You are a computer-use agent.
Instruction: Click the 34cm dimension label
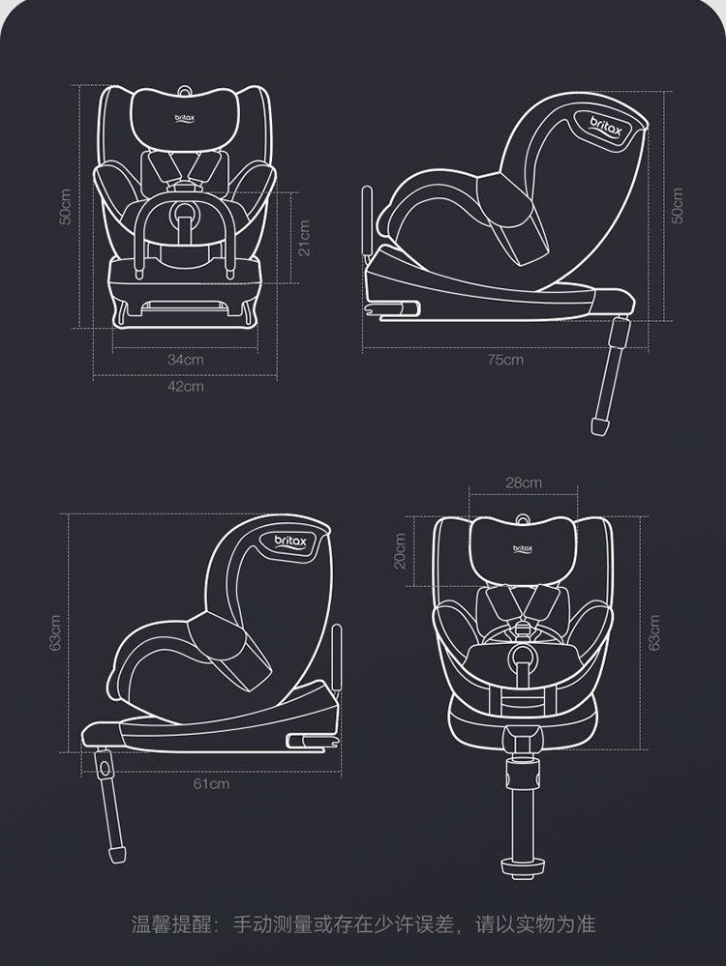coord(186,360)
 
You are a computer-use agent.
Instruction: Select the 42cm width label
coord(186,386)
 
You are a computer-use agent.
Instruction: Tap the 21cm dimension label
coord(304,237)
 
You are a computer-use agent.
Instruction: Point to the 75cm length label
coord(505,360)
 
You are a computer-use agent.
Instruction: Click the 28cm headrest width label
coord(524,483)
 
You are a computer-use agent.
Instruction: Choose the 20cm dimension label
coord(400,551)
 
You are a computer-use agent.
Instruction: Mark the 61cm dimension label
coord(211,783)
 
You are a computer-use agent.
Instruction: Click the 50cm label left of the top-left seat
coord(65,205)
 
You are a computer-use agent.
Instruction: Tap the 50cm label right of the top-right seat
coord(678,205)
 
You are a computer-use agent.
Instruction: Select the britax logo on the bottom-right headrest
coord(523,549)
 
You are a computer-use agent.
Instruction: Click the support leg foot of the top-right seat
coord(599,425)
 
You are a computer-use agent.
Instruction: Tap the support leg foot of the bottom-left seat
coord(118,855)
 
